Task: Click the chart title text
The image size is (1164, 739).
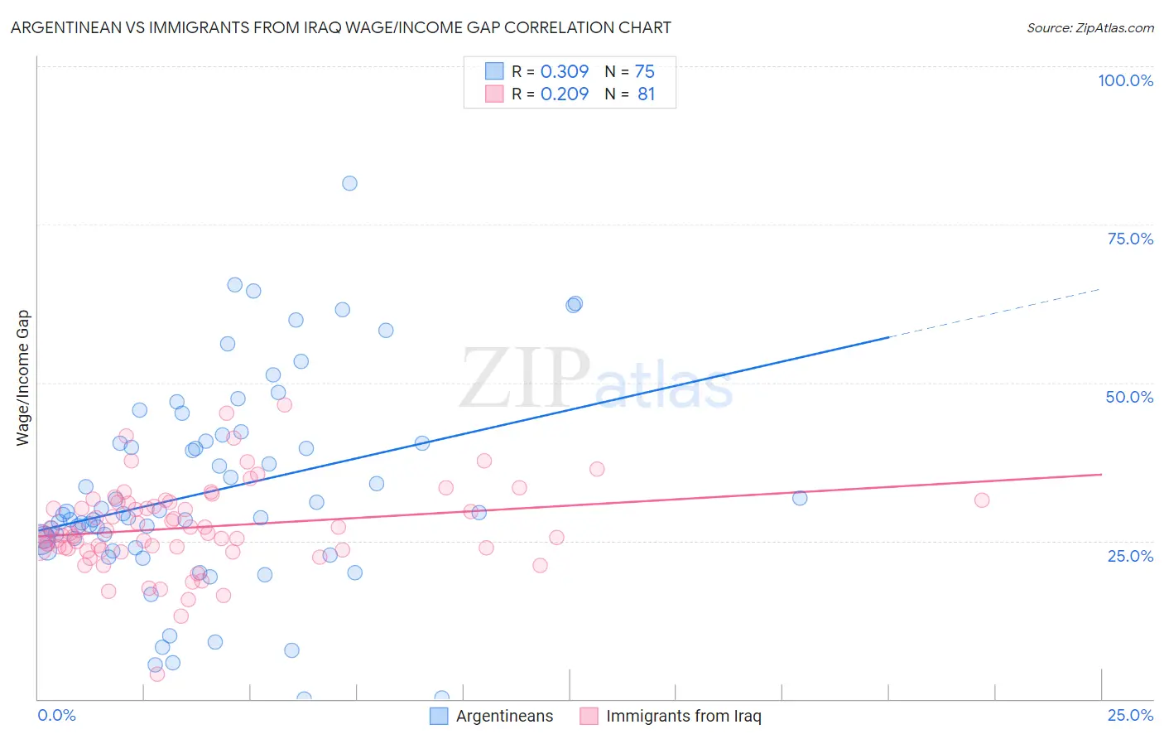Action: click(x=340, y=27)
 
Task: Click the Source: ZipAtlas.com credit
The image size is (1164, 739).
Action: click(x=1089, y=27)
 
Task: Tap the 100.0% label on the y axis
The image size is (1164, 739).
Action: click(x=1125, y=80)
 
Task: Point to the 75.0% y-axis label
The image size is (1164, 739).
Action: click(x=1130, y=239)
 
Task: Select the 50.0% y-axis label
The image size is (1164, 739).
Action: click(x=1129, y=397)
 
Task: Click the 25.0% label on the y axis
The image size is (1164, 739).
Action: click(x=1130, y=556)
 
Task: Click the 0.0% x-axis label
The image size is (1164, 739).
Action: click(x=56, y=715)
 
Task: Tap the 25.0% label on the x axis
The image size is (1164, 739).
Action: click(x=1130, y=715)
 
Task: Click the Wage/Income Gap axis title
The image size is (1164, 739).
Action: click(x=23, y=378)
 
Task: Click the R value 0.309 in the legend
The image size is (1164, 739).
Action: click(x=565, y=71)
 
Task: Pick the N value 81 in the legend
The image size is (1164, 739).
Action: click(x=646, y=94)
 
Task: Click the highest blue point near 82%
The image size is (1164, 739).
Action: click(x=349, y=183)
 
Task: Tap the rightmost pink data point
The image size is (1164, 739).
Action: click(x=982, y=500)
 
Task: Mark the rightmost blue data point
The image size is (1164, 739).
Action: click(x=800, y=498)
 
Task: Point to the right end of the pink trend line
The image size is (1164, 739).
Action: click(x=1100, y=474)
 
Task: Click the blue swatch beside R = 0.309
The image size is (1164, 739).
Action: click(x=494, y=71)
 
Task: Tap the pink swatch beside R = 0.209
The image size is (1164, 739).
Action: click(x=494, y=94)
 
